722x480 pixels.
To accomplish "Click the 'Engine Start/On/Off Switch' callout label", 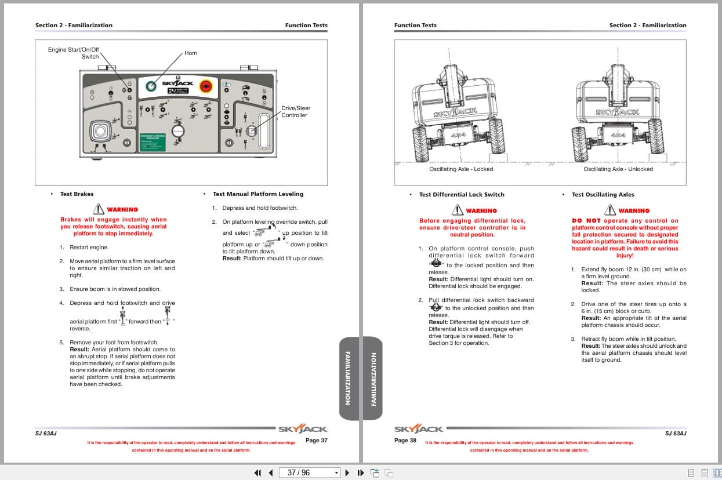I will [74, 53].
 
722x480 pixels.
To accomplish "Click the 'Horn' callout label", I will [191, 53].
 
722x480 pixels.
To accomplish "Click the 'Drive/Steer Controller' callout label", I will [296, 112].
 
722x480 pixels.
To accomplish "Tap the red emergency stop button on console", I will [205, 86].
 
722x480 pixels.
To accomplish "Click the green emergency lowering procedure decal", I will [153, 143].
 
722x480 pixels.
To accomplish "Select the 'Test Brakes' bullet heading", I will [77, 194].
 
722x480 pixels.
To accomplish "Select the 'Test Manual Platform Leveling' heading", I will [257, 194].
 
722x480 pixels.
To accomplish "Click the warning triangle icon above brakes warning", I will [99, 209].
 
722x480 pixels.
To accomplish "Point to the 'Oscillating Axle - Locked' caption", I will [461, 169].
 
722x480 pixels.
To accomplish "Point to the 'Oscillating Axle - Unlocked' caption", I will [618, 169].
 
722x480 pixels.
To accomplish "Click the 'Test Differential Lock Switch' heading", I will [462, 195].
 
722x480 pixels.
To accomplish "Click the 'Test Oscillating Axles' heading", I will [603, 195].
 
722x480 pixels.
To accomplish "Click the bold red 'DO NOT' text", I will [586, 221].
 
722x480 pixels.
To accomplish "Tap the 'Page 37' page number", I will [317, 441].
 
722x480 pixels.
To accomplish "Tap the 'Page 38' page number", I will [405, 441].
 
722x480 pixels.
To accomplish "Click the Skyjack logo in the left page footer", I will [303, 430].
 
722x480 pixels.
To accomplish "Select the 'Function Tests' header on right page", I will [415, 26].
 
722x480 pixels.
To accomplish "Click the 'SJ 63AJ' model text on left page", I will [46, 434].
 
